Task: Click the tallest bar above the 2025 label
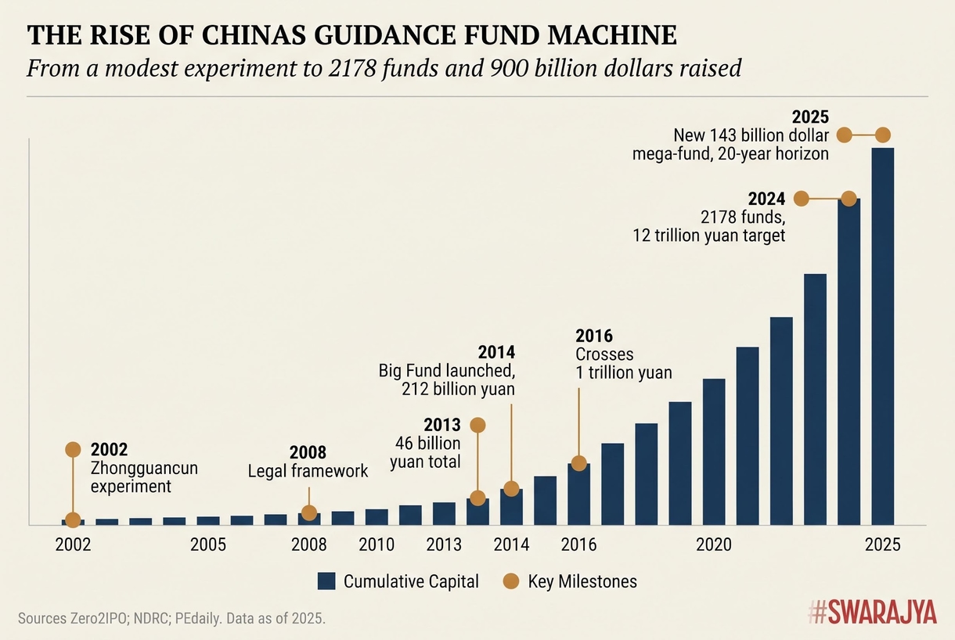[x=882, y=336]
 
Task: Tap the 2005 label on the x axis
[x=208, y=545]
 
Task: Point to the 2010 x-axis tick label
[x=376, y=545]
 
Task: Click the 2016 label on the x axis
[x=578, y=545]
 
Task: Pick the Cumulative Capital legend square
[x=326, y=581]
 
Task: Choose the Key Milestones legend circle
[x=510, y=581]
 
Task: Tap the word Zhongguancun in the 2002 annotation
[x=144, y=469]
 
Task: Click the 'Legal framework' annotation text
[x=308, y=471]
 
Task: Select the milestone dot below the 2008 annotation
[x=309, y=513]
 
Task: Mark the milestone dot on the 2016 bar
[x=578, y=463]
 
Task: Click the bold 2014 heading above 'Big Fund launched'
[x=496, y=352]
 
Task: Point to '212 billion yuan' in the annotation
[x=458, y=389]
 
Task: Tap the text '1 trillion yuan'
[x=623, y=372]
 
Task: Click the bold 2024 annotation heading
[x=766, y=198]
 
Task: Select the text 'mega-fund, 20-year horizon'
[x=730, y=153]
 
